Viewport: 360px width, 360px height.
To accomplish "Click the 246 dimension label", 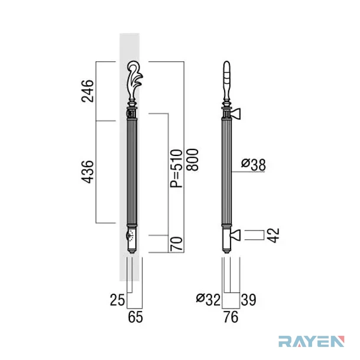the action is pyautogui.click(x=87, y=90).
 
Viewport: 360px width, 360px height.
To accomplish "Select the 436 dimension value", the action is pyautogui.click(x=87, y=172).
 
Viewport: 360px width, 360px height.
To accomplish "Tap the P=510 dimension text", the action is pyautogui.click(x=176, y=168).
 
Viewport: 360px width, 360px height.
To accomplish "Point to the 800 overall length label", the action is pyautogui.click(x=192, y=160).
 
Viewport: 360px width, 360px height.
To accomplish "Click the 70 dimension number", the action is pyautogui.click(x=176, y=244).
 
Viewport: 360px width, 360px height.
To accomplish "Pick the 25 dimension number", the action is pyautogui.click(x=117, y=300).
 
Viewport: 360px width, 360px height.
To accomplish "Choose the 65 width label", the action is pyautogui.click(x=135, y=317).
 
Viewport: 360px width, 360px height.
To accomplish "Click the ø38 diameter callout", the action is pyautogui.click(x=254, y=164).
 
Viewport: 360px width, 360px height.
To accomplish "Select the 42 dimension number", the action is pyautogui.click(x=274, y=235).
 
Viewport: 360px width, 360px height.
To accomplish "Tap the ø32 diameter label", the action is pyautogui.click(x=208, y=300).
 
